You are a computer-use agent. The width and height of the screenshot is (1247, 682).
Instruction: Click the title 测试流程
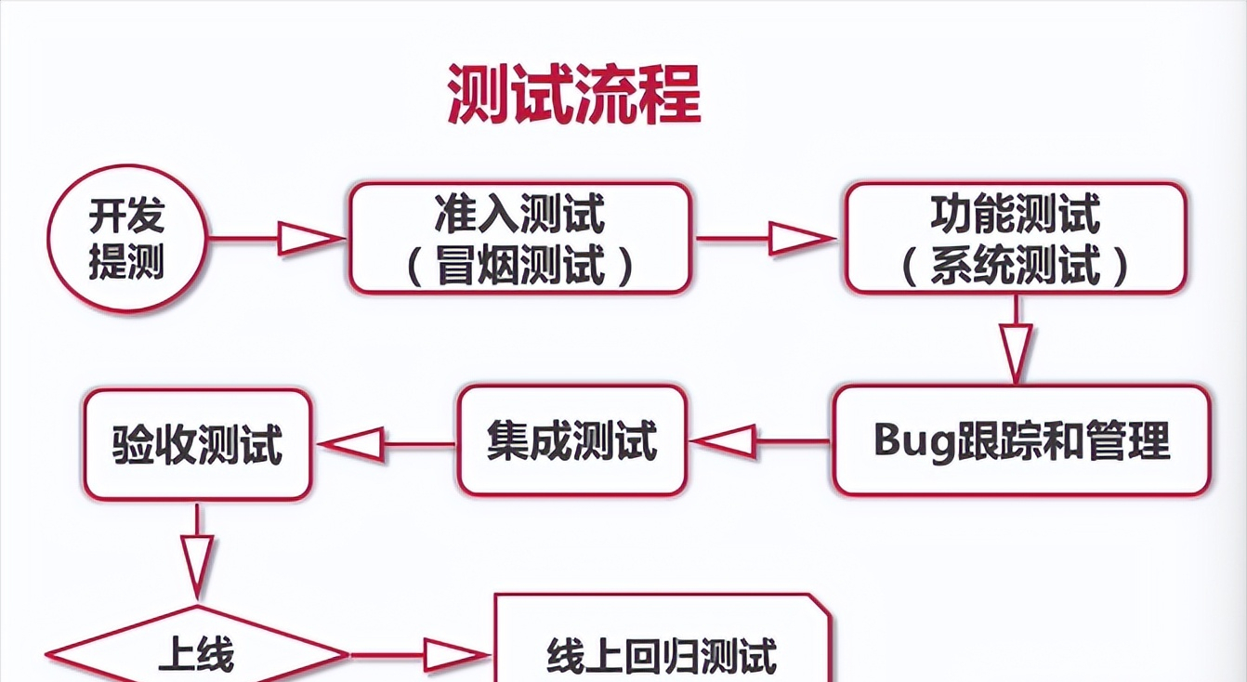[x=573, y=94]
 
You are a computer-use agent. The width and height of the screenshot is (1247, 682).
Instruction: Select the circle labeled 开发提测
[x=126, y=239]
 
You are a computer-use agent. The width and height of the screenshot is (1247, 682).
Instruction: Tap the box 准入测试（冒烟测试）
[x=519, y=238]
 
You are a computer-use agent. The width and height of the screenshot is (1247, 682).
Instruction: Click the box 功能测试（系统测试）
[x=1015, y=238]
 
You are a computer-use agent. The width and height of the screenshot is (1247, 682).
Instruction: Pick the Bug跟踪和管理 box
[x=1021, y=440]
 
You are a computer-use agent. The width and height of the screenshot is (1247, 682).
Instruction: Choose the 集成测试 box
[x=571, y=440]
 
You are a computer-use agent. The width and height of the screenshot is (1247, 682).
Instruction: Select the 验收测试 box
[x=197, y=444]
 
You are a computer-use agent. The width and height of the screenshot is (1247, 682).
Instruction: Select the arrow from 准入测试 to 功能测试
[x=767, y=239]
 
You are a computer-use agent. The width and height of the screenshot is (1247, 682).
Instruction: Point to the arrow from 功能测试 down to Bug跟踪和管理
[x=1016, y=341]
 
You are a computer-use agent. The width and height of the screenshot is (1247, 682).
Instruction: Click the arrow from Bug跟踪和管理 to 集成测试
[x=759, y=441]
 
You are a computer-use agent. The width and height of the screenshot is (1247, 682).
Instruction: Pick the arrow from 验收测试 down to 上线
[x=197, y=554]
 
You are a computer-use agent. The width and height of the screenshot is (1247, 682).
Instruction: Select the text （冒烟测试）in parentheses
[x=519, y=264]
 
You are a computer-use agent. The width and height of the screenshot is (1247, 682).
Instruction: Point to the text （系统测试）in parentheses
[x=1015, y=264]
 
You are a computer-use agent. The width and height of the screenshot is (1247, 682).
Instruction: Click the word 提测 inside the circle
[x=126, y=262]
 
